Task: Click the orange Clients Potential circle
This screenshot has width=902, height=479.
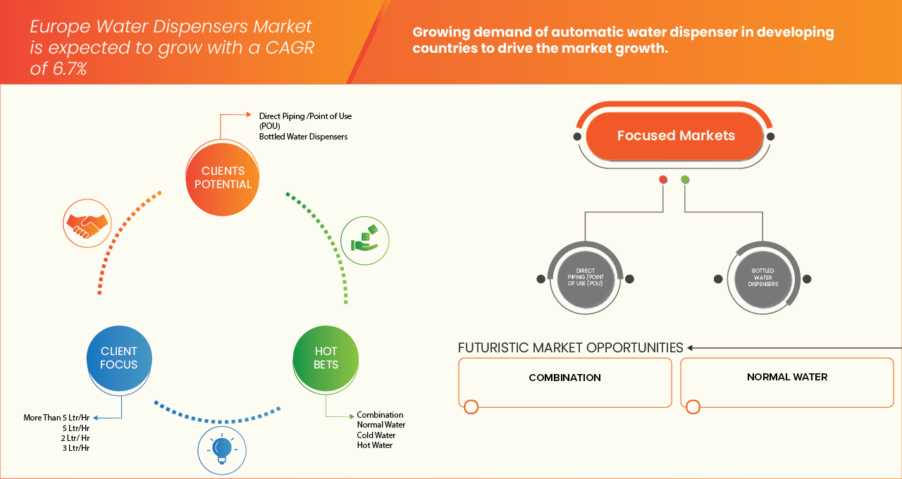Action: pyautogui.click(x=223, y=178)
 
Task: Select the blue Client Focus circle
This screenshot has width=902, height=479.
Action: pyautogui.click(x=119, y=358)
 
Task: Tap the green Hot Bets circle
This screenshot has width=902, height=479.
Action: pyautogui.click(x=326, y=358)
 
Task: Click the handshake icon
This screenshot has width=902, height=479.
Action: pyautogui.click(x=86, y=222)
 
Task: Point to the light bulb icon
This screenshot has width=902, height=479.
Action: pyautogui.click(x=221, y=448)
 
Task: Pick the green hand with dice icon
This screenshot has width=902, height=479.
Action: pyautogui.click(x=364, y=240)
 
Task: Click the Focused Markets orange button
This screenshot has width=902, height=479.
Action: pyautogui.click(x=675, y=136)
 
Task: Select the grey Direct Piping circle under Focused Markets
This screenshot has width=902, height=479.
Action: pyautogui.click(x=585, y=278)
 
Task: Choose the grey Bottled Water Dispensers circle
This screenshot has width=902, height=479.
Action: pyautogui.click(x=764, y=278)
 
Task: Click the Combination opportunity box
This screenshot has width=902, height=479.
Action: pyautogui.click(x=564, y=382)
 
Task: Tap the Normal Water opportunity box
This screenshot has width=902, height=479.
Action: pyautogui.click(x=786, y=382)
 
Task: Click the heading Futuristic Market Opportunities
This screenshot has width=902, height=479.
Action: pyautogui.click(x=570, y=348)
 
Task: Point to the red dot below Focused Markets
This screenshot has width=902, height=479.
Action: pyautogui.click(x=663, y=180)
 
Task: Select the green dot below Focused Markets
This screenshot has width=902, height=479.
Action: pyautogui.click(x=685, y=180)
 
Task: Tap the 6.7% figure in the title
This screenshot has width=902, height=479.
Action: pyautogui.click(x=70, y=68)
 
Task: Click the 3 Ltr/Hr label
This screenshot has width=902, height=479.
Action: pyautogui.click(x=75, y=448)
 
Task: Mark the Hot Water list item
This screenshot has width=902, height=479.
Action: pyautogui.click(x=374, y=445)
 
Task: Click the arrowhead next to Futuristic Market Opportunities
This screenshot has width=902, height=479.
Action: pyautogui.click(x=691, y=348)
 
